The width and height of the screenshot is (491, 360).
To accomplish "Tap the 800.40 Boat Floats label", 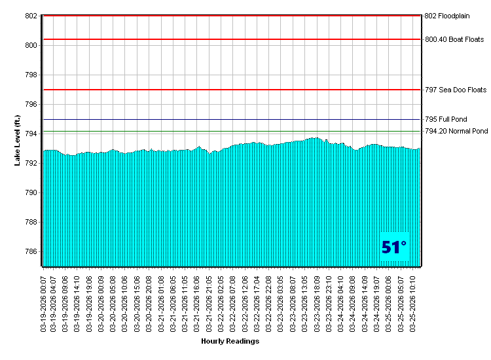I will pyautogui.click(x=454, y=39).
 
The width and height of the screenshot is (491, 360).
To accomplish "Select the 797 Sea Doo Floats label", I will pyautogui.click(x=456, y=90).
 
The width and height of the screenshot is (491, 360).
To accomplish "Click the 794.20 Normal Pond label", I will pyautogui.click(x=456, y=132).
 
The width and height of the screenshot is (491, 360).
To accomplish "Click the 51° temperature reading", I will pyautogui.click(x=394, y=247).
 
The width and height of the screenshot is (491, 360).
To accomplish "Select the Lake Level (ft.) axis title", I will pyautogui.click(x=18, y=140).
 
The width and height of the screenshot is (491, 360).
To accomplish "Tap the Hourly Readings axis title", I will pyautogui.click(x=230, y=341).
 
